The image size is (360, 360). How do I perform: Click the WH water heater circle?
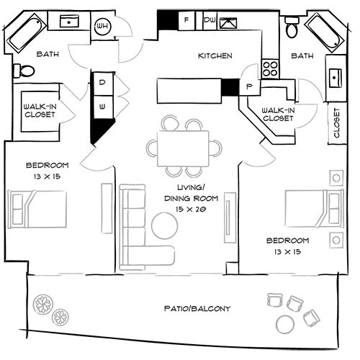103,26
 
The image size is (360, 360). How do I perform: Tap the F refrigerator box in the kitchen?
186,21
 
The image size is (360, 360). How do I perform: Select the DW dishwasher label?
208,21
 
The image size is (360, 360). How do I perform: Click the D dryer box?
102,83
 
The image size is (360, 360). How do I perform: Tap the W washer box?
102,106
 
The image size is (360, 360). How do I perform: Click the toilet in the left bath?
26,71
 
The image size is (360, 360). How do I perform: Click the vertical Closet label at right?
336,124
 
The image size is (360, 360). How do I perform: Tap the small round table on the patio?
287,322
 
